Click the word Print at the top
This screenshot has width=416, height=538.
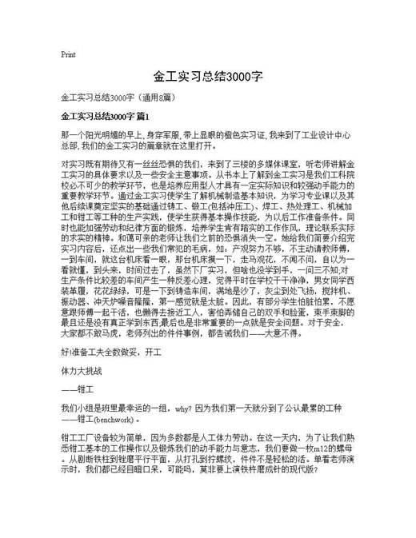[x=68, y=54]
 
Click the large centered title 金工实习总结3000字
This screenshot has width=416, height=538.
[x=207, y=78]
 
